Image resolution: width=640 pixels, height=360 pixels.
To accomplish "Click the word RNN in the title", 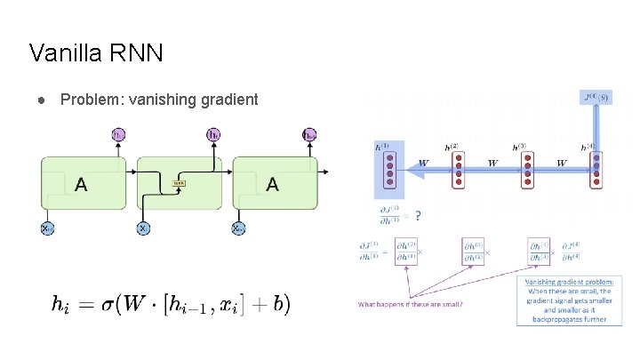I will point(137,53).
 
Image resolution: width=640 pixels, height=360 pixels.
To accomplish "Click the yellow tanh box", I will point(178,184).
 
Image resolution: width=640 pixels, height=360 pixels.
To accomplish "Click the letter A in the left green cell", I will point(81,184).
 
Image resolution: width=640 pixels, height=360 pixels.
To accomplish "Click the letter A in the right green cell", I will point(272,184).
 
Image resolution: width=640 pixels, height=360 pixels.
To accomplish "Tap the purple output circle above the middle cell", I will point(213,135).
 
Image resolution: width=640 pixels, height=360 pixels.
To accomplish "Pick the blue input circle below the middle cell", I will point(143,228).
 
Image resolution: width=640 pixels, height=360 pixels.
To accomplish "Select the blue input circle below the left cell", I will point(47,228).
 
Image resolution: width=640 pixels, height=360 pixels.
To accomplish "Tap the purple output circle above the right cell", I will point(308,135).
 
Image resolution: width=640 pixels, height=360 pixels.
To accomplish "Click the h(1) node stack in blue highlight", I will point(387,169).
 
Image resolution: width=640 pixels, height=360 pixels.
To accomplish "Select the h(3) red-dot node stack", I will point(528,169).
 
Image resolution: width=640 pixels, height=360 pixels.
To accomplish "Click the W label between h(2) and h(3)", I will point(492,163).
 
